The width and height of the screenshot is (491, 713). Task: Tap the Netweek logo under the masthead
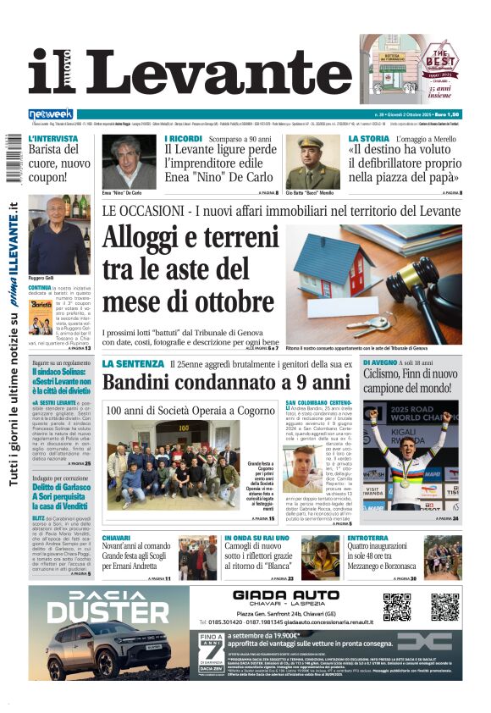(x=51, y=114)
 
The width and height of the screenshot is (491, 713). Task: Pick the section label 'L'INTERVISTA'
(x=55, y=138)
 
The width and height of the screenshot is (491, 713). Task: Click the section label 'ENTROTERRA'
(x=368, y=538)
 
